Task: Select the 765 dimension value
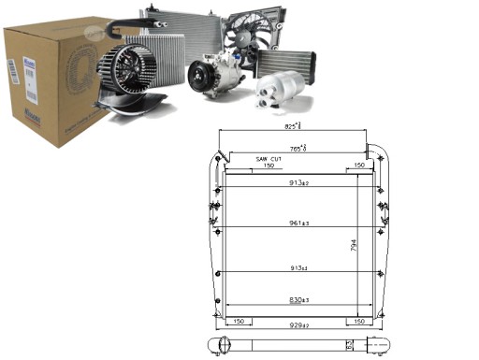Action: pyautogui.click(x=297, y=147)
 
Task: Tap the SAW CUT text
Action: pyautogui.click(x=269, y=160)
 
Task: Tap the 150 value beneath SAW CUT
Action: pyautogui.click(x=269, y=167)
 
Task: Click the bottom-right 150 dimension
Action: pyautogui.click(x=358, y=321)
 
